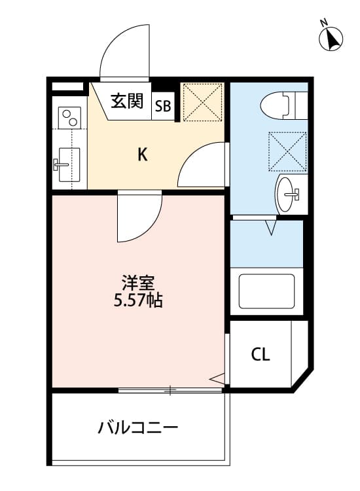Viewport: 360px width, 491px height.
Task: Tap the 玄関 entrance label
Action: pos(126,101)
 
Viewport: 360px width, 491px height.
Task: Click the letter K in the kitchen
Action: pos(142,155)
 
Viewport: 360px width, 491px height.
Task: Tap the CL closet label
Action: pos(261,355)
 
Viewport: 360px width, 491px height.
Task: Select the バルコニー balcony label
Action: pos(138,429)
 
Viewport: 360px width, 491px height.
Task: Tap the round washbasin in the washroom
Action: pos(287,193)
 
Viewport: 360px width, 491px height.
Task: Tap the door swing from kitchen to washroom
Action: pos(200,166)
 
